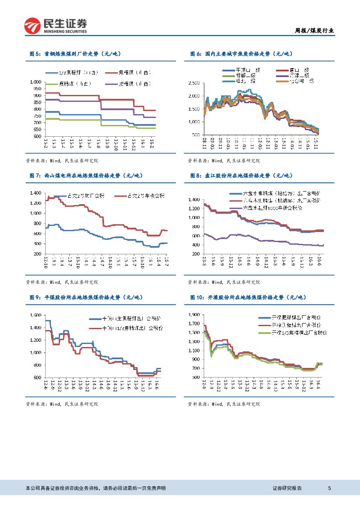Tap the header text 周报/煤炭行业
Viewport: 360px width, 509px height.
[x=314, y=30]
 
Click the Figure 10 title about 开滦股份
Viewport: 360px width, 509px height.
[x=248, y=297]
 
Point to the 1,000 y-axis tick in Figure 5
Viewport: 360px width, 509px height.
[x=36, y=81]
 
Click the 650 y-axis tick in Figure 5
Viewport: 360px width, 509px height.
[x=38, y=129]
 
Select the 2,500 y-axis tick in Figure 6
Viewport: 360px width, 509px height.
[x=194, y=82]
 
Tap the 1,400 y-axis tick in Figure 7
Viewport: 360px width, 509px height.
[x=36, y=193]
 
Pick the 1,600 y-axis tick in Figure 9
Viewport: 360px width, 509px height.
[x=36, y=315]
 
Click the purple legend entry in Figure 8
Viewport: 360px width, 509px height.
[x=273, y=208]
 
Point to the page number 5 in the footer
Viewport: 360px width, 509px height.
[x=330, y=488]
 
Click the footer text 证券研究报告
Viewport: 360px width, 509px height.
[x=287, y=488]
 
